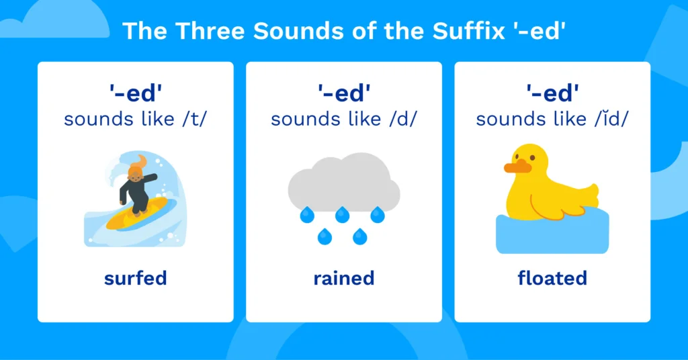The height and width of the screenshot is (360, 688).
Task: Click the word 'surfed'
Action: coord(135,277)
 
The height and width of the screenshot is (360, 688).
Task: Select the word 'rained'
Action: coord(343,277)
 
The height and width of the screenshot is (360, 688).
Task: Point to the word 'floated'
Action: coord(552,277)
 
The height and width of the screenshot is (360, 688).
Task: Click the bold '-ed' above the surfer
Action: coord(135,93)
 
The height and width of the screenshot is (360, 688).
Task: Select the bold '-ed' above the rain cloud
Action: coord(343,93)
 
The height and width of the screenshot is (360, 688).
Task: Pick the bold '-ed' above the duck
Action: coord(552,93)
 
